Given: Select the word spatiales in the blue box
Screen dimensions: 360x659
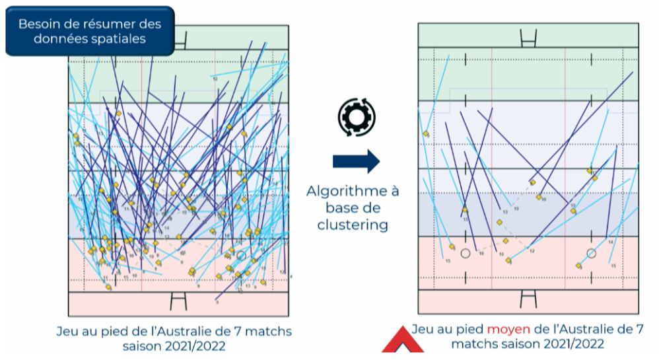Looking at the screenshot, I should [x=119, y=39].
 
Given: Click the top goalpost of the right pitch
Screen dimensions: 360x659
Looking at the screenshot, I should [x=528, y=38].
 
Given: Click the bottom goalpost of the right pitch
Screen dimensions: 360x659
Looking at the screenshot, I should [x=528, y=299].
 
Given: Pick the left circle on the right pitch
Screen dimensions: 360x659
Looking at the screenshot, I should [x=466, y=253].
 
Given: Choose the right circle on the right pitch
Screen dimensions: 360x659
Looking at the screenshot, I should [x=591, y=253].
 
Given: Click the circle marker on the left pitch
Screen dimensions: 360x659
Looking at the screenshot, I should [x=241, y=255].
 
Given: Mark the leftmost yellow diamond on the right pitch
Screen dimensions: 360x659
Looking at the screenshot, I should [x=426, y=134].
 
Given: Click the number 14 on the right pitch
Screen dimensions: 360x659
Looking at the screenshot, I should [x=610, y=242].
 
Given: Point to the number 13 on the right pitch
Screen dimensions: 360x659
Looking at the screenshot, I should [x=505, y=212].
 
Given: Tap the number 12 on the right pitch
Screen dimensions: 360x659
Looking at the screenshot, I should [x=531, y=251].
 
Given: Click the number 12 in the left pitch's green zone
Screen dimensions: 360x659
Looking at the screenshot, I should [x=215, y=78].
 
